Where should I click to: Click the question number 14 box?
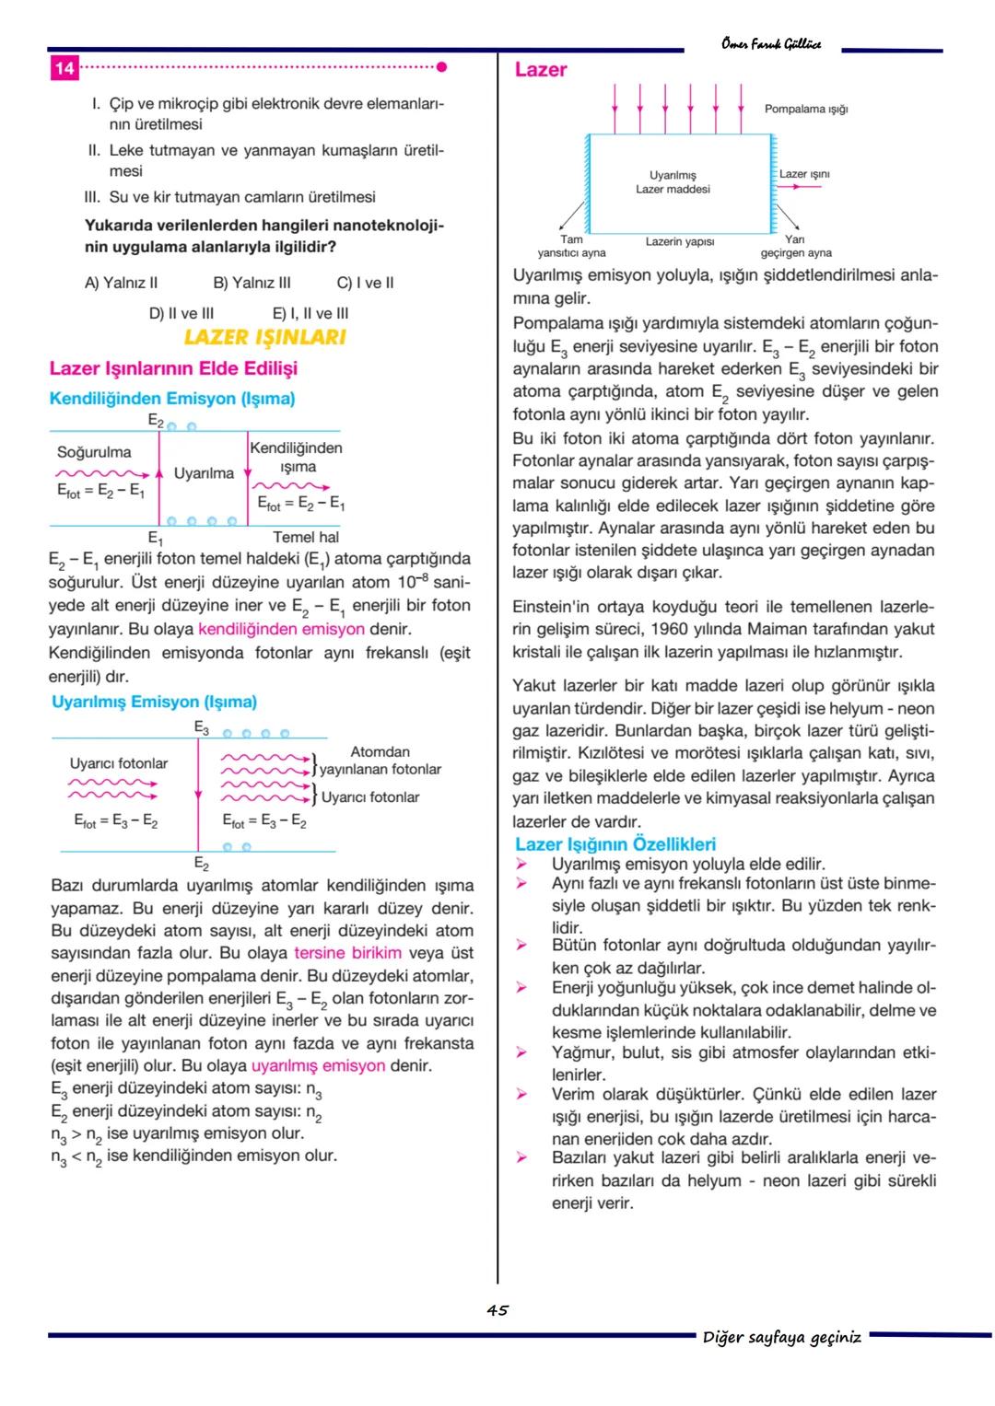(x=64, y=68)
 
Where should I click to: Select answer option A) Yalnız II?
(x=121, y=283)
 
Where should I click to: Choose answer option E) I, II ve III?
(x=310, y=313)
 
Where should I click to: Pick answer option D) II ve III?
(x=181, y=313)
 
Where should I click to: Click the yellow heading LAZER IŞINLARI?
(x=264, y=337)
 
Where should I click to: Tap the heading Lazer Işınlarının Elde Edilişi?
(x=173, y=368)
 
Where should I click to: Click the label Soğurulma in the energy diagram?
(x=94, y=452)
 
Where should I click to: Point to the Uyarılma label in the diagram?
(x=204, y=473)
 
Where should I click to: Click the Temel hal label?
(x=306, y=537)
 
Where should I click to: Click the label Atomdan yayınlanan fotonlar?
(x=380, y=761)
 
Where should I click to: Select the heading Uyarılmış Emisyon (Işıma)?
(x=154, y=702)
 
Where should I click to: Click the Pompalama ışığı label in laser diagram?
(x=805, y=109)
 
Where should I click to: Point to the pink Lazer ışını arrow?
(x=799, y=187)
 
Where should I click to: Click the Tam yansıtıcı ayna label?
(x=571, y=246)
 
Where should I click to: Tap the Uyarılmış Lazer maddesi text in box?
(x=673, y=182)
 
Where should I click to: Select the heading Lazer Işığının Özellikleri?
(x=615, y=844)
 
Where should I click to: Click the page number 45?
(x=497, y=1310)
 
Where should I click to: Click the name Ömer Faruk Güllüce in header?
(x=771, y=44)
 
